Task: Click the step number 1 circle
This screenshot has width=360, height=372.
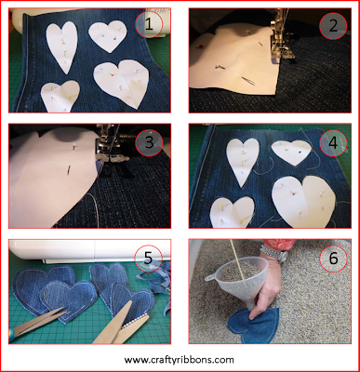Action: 149,24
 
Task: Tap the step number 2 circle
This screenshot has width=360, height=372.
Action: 333,26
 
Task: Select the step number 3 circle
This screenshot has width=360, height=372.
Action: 149,143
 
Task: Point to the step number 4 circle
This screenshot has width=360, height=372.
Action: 333,142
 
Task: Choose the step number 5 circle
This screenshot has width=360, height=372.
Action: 148,258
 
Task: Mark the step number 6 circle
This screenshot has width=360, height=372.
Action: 333,258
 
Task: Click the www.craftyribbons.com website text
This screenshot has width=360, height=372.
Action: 180,360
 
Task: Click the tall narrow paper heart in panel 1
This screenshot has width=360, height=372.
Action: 62,46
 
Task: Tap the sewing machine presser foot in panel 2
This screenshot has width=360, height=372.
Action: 277,46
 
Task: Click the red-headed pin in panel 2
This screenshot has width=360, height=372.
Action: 199,47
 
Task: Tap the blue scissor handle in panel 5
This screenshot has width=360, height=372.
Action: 11,336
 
